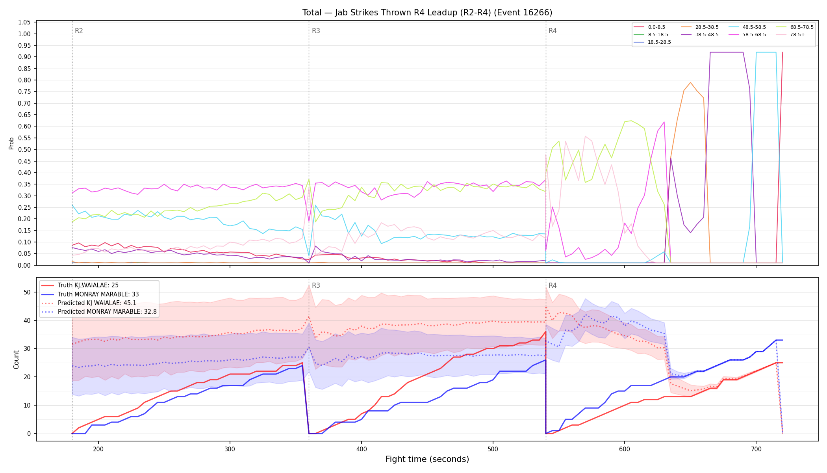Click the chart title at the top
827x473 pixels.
click(427, 13)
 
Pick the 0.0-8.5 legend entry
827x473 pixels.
click(649, 27)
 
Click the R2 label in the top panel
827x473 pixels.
click(79, 31)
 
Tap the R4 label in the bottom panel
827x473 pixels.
click(553, 285)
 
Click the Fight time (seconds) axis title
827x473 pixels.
click(427, 459)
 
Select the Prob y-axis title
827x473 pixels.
click(11, 143)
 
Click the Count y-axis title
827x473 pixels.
click(16, 359)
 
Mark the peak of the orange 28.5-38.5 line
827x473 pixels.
click(690, 82)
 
